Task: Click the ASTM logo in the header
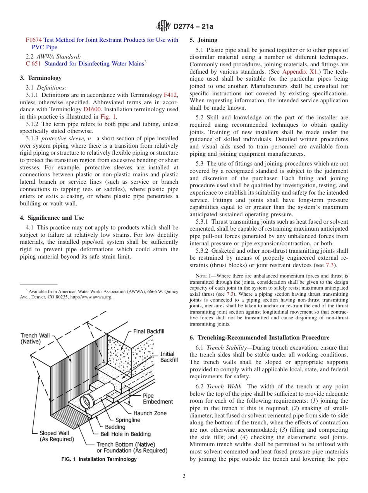pyautogui.click(x=163, y=26)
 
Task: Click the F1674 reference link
pyautogui.click(x=33, y=40)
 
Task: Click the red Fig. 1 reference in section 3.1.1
pyautogui.click(x=108, y=116)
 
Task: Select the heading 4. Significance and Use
pyautogui.click(x=52, y=218)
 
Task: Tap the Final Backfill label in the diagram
pyautogui.click(x=149, y=331)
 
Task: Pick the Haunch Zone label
pyautogui.click(x=150, y=413)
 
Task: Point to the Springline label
pyautogui.click(x=128, y=420)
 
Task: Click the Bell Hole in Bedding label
pyautogui.click(x=126, y=434)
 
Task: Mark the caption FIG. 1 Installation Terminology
pyautogui.click(x=99, y=459)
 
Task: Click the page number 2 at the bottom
pyautogui.click(x=184, y=476)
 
